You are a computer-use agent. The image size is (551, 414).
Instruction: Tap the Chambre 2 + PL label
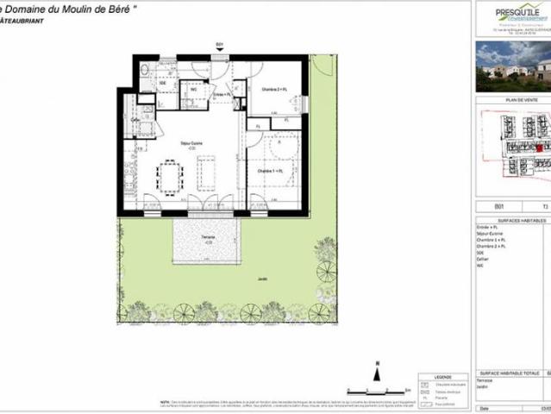point(273,89)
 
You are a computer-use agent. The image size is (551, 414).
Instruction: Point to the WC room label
point(193,88)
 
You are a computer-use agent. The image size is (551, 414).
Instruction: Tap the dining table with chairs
point(169,178)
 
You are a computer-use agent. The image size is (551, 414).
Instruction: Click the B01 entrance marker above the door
point(219,44)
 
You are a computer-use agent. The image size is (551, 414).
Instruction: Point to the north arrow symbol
point(377,371)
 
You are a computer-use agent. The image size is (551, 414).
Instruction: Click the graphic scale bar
point(372,390)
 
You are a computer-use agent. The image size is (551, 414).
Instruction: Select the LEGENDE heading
point(441,376)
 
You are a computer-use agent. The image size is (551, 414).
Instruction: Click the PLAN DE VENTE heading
point(512,101)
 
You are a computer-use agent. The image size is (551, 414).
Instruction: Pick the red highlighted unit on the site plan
point(516,148)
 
